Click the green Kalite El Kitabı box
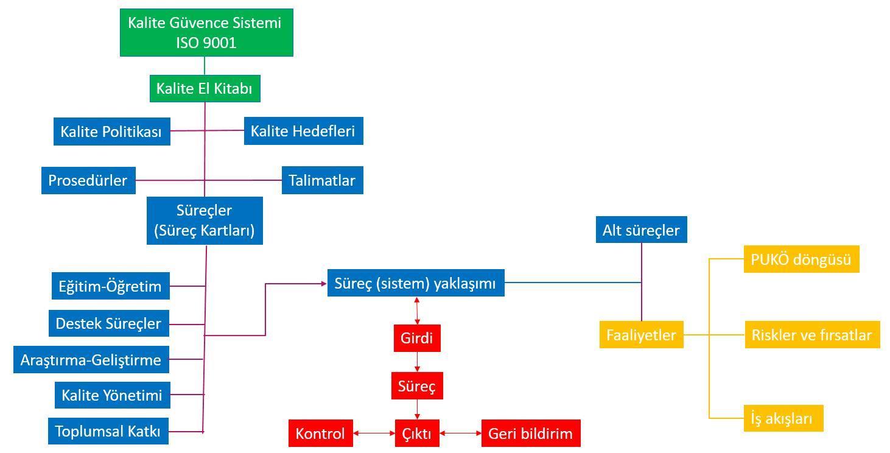pyautogui.click(x=205, y=88)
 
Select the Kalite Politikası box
pyautogui.click(x=111, y=132)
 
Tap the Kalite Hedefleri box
pyautogui.click(x=303, y=131)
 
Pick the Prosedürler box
pyautogui.click(x=88, y=180)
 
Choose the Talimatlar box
pyautogui.click(x=322, y=180)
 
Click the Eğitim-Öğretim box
pyautogui.click(x=110, y=286)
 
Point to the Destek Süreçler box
pyautogui.click(x=108, y=323)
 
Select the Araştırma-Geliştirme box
pyautogui.click(x=91, y=360)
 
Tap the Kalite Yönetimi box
pyautogui.click(x=112, y=395)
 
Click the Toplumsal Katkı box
pyautogui.click(x=108, y=431)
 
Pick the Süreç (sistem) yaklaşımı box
pyautogui.click(x=415, y=283)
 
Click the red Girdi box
pyautogui.click(x=417, y=338)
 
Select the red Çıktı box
pyautogui.click(x=417, y=434)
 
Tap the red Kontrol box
pyautogui.click(x=320, y=434)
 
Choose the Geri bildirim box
pyautogui.click(x=530, y=434)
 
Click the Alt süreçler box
pyautogui.click(x=641, y=230)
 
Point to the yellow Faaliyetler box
pyautogui.click(x=641, y=335)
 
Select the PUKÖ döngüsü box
pyautogui.click(x=801, y=259)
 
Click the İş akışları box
pyautogui.click(x=783, y=418)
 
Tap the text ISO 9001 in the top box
pyautogui.click(x=206, y=43)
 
